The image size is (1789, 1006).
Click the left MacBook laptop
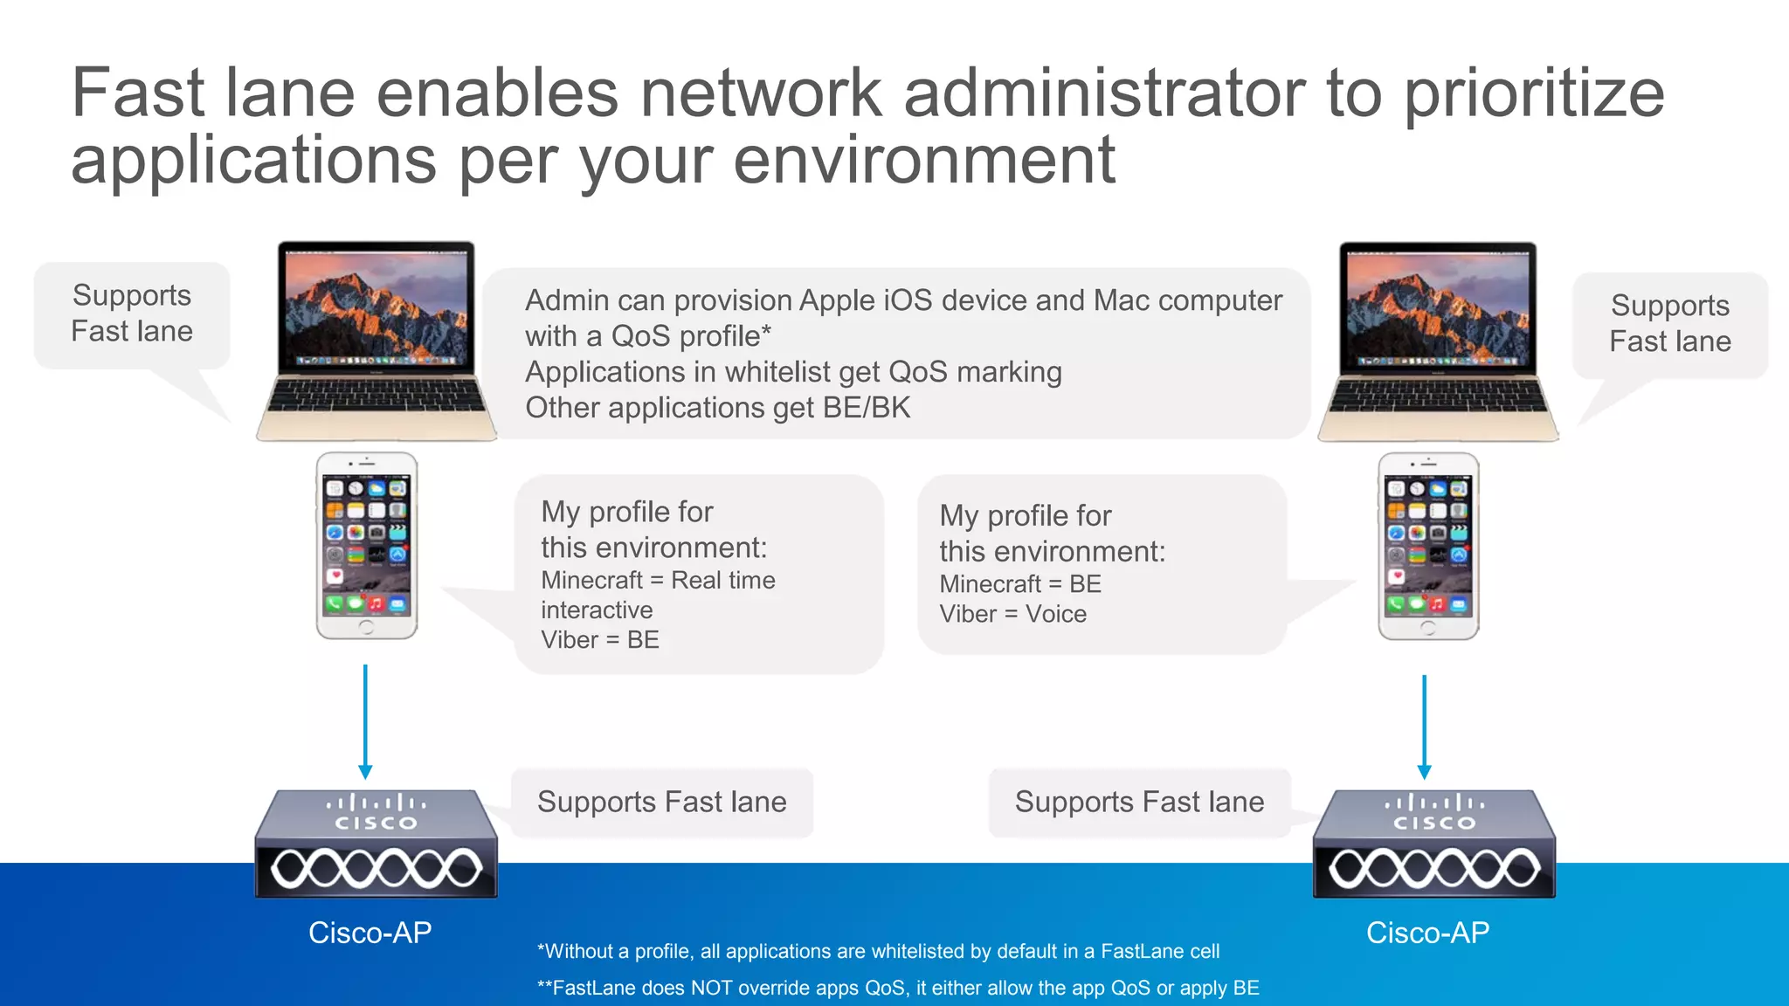click(x=376, y=341)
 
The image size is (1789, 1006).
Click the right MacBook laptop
click(x=1438, y=341)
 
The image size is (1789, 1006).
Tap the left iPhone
click(x=366, y=546)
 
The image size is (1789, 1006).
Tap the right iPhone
click(x=1428, y=546)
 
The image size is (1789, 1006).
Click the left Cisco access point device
click(x=376, y=844)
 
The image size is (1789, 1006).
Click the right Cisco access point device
click(x=1433, y=844)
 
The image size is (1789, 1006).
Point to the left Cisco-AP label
click(x=370, y=933)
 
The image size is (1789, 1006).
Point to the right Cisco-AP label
click(x=1427, y=933)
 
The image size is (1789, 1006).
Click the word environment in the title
click(x=924, y=161)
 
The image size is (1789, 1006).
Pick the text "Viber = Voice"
click(x=1012, y=614)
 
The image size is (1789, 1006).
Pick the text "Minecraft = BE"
click(x=1019, y=583)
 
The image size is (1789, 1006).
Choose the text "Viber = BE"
click(x=599, y=639)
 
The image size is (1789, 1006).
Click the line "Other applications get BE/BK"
click(x=717, y=408)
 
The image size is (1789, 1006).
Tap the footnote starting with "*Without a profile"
click(x=878, y=951)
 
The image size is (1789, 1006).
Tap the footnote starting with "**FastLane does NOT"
click(x=897, y=988)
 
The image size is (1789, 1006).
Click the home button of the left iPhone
click(x=366, y=627)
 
